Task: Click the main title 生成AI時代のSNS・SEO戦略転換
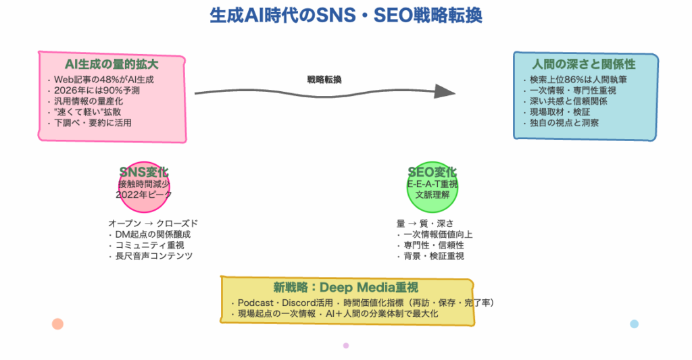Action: [346, 16]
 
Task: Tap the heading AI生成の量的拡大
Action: [112, 64]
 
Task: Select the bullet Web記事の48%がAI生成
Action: [101, 80]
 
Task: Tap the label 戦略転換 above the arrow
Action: [324, 80]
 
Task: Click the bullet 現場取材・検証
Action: [560, 112]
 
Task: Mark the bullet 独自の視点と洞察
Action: [564, 123]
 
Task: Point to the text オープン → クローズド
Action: [153, 224]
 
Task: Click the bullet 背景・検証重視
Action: [433, 256]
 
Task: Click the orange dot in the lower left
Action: [57, 324]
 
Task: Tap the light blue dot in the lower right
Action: [634, 324]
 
